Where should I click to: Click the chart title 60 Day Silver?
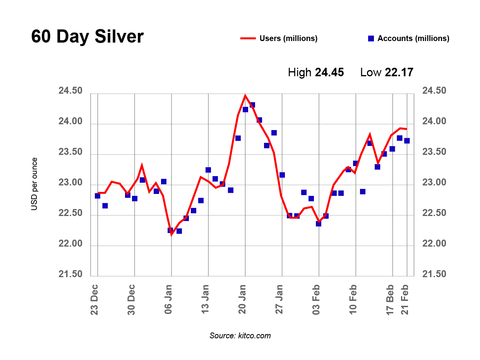[87, 37]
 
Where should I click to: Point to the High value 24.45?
[329, 72]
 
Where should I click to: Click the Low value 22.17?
[399, 72]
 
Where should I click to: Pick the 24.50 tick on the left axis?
[70, 91]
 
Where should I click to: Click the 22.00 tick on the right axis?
[434, 244]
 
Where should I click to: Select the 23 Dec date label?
[95, 300]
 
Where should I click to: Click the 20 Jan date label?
[243, 300]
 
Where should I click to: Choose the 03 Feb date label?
[317, 300]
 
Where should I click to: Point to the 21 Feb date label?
[405, 300]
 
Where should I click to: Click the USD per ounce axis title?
[34, 184]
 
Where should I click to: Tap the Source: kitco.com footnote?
[240, 336]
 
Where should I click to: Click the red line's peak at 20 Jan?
[245, 95]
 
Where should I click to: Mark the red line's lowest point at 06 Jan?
[171, 234]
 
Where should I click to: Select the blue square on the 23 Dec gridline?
[98, 196]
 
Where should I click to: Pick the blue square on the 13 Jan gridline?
[208, 170]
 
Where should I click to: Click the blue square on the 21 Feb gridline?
[407, 141]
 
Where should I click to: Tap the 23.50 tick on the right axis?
[434, 152]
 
